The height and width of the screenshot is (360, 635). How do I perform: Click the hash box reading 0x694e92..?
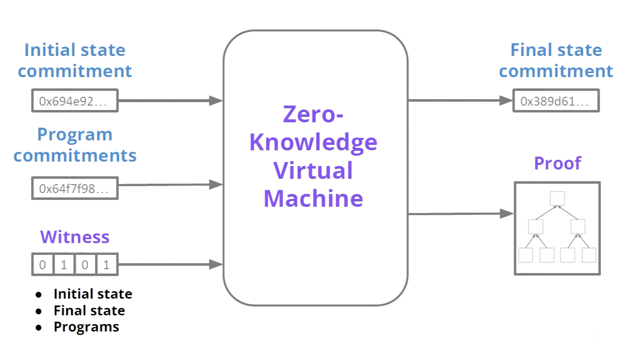(x=75, y=101)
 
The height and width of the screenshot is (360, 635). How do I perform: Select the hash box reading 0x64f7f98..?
(x=75, y=188)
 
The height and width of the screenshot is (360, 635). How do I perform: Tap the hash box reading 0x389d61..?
(x=556, y=101)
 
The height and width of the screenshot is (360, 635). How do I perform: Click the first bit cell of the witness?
(x=43, y=264)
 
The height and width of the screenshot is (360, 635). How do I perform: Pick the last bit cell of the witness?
(x=107, y=264)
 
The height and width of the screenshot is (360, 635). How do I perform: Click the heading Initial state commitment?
(x=75, y=60)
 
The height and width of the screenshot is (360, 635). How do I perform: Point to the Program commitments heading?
(x=75, y=144)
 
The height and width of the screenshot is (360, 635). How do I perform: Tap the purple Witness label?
(x=75, y=237)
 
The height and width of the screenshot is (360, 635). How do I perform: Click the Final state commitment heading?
(x=556, y=60)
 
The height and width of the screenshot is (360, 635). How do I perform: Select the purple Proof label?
(x=558, y=163)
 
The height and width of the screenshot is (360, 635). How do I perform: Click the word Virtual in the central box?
(x=313, y=170)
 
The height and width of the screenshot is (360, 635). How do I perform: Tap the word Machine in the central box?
(x=313, y=198)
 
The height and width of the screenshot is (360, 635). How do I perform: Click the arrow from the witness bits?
(x=171, y=264)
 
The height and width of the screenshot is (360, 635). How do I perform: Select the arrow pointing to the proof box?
(x=461, y=214)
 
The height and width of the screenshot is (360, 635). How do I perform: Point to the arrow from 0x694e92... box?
(x=171, y=101)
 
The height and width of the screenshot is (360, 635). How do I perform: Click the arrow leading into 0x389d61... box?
(x=461, y=100)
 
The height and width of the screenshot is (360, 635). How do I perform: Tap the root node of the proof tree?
(x=557, y=198)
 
